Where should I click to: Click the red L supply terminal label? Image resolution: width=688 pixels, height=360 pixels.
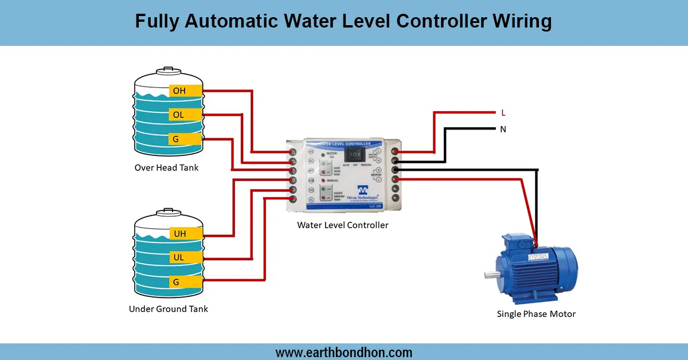pos(503,113)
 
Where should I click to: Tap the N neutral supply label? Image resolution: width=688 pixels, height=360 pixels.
pos(503,129)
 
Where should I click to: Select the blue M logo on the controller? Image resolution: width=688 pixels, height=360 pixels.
pos(362,190)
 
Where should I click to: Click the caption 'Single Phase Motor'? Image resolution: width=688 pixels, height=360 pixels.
pos(536,314)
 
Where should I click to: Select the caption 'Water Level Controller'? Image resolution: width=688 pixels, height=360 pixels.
pos(342,225)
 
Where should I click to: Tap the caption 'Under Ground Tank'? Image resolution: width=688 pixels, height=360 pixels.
pos(168,309)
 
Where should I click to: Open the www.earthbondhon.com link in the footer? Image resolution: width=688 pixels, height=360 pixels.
pos(344,352)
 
